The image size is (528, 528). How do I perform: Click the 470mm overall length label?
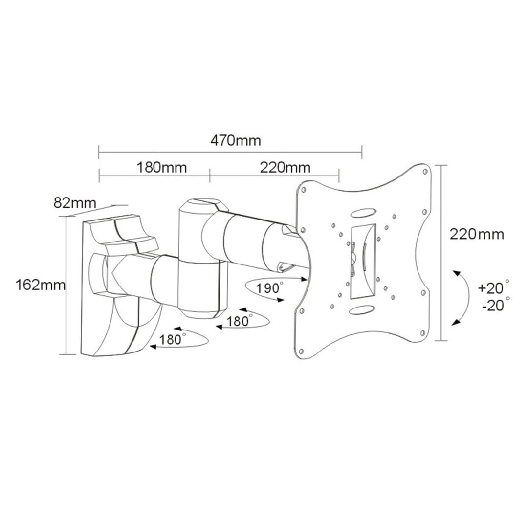pyautogui.click(x=236, y=141)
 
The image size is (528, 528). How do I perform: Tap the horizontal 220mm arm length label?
pyautogui.click(x=285, y=168)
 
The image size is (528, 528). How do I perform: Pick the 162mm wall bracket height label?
pyautogui.click(x=40, y=285)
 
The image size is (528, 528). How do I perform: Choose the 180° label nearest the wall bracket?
pyautogui.click(x=172, y=339)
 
